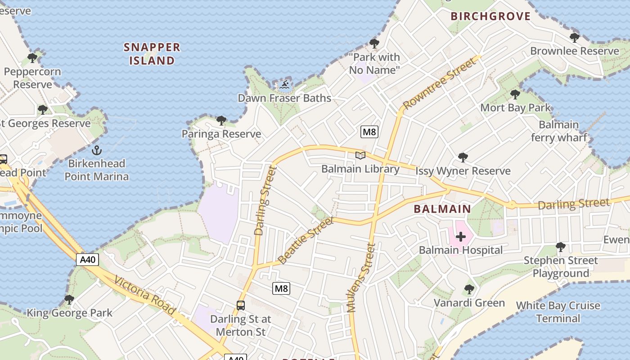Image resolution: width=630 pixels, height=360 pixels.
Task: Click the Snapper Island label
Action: click(152, 54)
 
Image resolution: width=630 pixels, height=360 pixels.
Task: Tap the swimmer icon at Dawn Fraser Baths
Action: click(284, 85)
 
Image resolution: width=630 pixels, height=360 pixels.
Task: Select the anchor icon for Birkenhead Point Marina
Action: click(96, 150)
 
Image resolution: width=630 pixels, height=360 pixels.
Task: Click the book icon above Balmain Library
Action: click(360, 156)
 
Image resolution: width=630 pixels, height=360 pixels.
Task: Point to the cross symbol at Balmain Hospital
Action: click(460, 237)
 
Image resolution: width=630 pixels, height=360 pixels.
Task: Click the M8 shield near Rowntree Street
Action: click(369, 132)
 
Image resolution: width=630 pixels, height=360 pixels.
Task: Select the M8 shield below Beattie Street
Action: click(281, 288)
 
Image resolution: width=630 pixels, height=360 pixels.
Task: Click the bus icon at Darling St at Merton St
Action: click(241, 306)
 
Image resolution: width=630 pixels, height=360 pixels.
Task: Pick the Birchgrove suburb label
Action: click(490, 17)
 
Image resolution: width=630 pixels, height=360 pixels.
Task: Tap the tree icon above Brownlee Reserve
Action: click(574, 37)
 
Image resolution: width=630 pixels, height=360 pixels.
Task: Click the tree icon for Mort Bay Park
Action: click(515, 94)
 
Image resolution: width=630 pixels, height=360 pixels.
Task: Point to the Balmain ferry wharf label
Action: click(558, 131)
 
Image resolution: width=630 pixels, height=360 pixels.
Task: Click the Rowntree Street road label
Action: click(439, 84)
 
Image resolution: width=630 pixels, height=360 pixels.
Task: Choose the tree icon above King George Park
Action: click(69, 299)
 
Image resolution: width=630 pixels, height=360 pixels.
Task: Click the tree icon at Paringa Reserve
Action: click(221, 121)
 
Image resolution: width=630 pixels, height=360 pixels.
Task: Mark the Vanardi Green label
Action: click(469, 303)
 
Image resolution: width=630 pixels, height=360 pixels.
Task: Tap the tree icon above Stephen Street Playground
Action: click(560, 247)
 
